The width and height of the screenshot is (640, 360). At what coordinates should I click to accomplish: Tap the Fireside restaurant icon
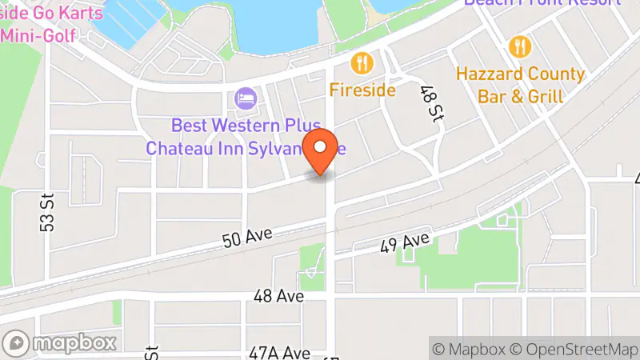[362, 63]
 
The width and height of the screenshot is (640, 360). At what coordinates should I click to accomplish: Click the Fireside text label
[362, 90]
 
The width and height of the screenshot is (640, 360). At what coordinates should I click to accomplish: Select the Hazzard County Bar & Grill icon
[520, 47]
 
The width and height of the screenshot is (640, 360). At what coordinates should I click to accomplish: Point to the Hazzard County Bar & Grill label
[520, 85]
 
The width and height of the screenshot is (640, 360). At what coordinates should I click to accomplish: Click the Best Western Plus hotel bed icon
[246, 99]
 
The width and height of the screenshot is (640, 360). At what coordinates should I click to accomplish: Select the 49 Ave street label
[405, 242]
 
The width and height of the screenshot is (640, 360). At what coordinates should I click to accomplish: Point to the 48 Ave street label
[278, 296]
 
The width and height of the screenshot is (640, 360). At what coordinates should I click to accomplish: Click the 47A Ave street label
[279, 353]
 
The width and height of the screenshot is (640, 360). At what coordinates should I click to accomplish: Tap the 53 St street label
[47, 212]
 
